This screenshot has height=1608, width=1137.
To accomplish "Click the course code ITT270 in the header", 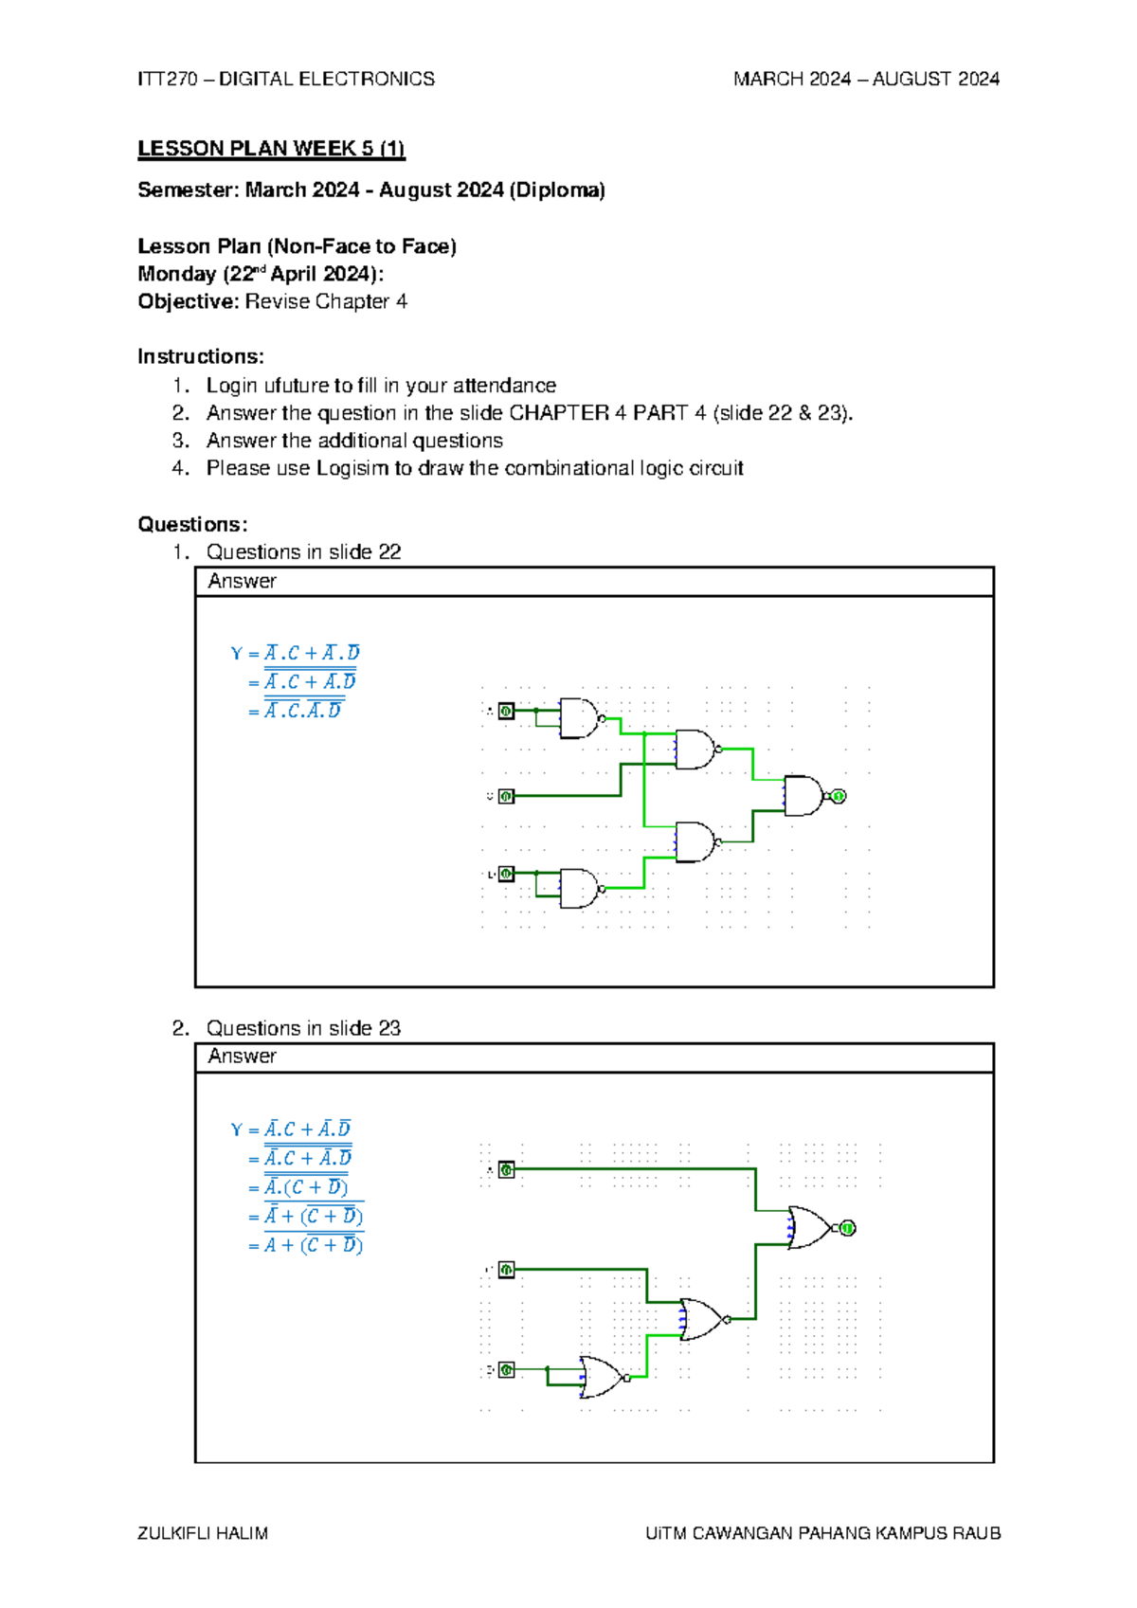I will tap(167, 79).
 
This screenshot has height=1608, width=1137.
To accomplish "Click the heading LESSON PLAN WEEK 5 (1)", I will tap(270, 149).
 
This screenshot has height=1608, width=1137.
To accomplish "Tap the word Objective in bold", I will tap(186, 301).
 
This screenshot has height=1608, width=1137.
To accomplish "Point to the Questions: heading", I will tap(192, 524).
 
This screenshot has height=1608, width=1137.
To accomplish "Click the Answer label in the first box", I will tap(242, 581).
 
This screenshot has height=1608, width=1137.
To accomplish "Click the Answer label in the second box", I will tap(242, 1056).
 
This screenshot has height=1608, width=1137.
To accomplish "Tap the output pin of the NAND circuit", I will tap(838, 796).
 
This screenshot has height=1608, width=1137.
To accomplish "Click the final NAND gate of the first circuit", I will tap(803, 796).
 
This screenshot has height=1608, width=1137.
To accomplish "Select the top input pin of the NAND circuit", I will tap(507, 711).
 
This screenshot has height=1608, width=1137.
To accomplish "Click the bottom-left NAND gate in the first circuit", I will tap(578, 889).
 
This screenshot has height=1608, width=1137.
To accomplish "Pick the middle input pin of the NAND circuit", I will tap(507, 796).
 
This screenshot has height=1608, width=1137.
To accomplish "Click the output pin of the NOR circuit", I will tap(847, 1228).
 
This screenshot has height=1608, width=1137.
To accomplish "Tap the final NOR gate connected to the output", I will tap(808, 1228).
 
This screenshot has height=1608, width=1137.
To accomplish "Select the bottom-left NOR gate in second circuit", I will tap(601, 1377).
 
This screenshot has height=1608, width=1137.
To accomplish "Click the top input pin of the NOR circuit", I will tap(507, 1170).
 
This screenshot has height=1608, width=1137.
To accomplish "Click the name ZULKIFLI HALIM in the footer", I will tap(203, 1533).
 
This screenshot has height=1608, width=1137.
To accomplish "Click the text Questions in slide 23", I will tap(303, 1028).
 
